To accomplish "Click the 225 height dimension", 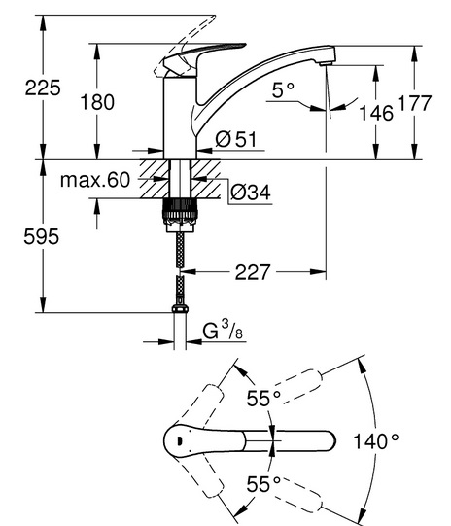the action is tap(43, 88).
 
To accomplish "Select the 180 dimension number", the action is tap(97, 102).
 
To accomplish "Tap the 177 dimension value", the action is tap(414, 103).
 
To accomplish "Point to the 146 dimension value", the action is tap(376, 113).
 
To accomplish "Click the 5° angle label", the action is tap(283, 89).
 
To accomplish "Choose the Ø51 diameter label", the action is tap(236, 139).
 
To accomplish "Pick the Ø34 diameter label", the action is tap(251, 193).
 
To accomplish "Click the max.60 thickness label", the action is tap(95, 180).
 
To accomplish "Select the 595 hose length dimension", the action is tap(41, 236).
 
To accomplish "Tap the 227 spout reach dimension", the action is tap(252, 272).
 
